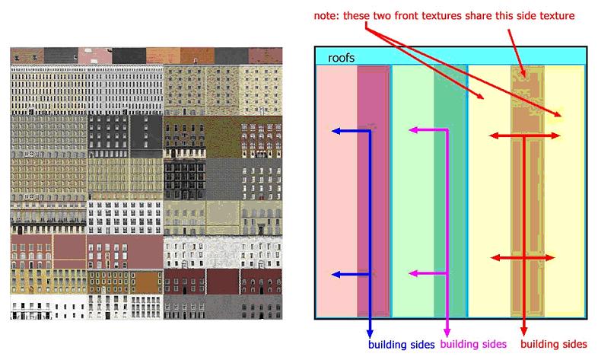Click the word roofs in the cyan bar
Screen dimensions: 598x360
tap(341, 58)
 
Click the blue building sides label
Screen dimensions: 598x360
tap(401, 345)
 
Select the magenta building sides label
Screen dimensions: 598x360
tap(473, 344)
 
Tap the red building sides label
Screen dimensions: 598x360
tap(553, 344)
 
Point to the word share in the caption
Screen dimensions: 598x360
tap(479, 16)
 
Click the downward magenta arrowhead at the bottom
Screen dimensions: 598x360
tap(447, 331)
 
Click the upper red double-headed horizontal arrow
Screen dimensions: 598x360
tap(525, 135)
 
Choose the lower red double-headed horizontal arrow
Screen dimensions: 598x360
tap(523, 258)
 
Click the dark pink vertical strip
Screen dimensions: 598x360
tap(374, 191)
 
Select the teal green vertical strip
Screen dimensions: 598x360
tap(450, 191)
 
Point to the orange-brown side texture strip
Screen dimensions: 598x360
tap(528, 191)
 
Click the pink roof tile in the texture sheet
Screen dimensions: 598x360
tap(95, 56)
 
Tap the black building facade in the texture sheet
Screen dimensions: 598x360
tap(185, 179)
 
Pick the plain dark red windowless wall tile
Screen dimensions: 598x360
tap(223, 282)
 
